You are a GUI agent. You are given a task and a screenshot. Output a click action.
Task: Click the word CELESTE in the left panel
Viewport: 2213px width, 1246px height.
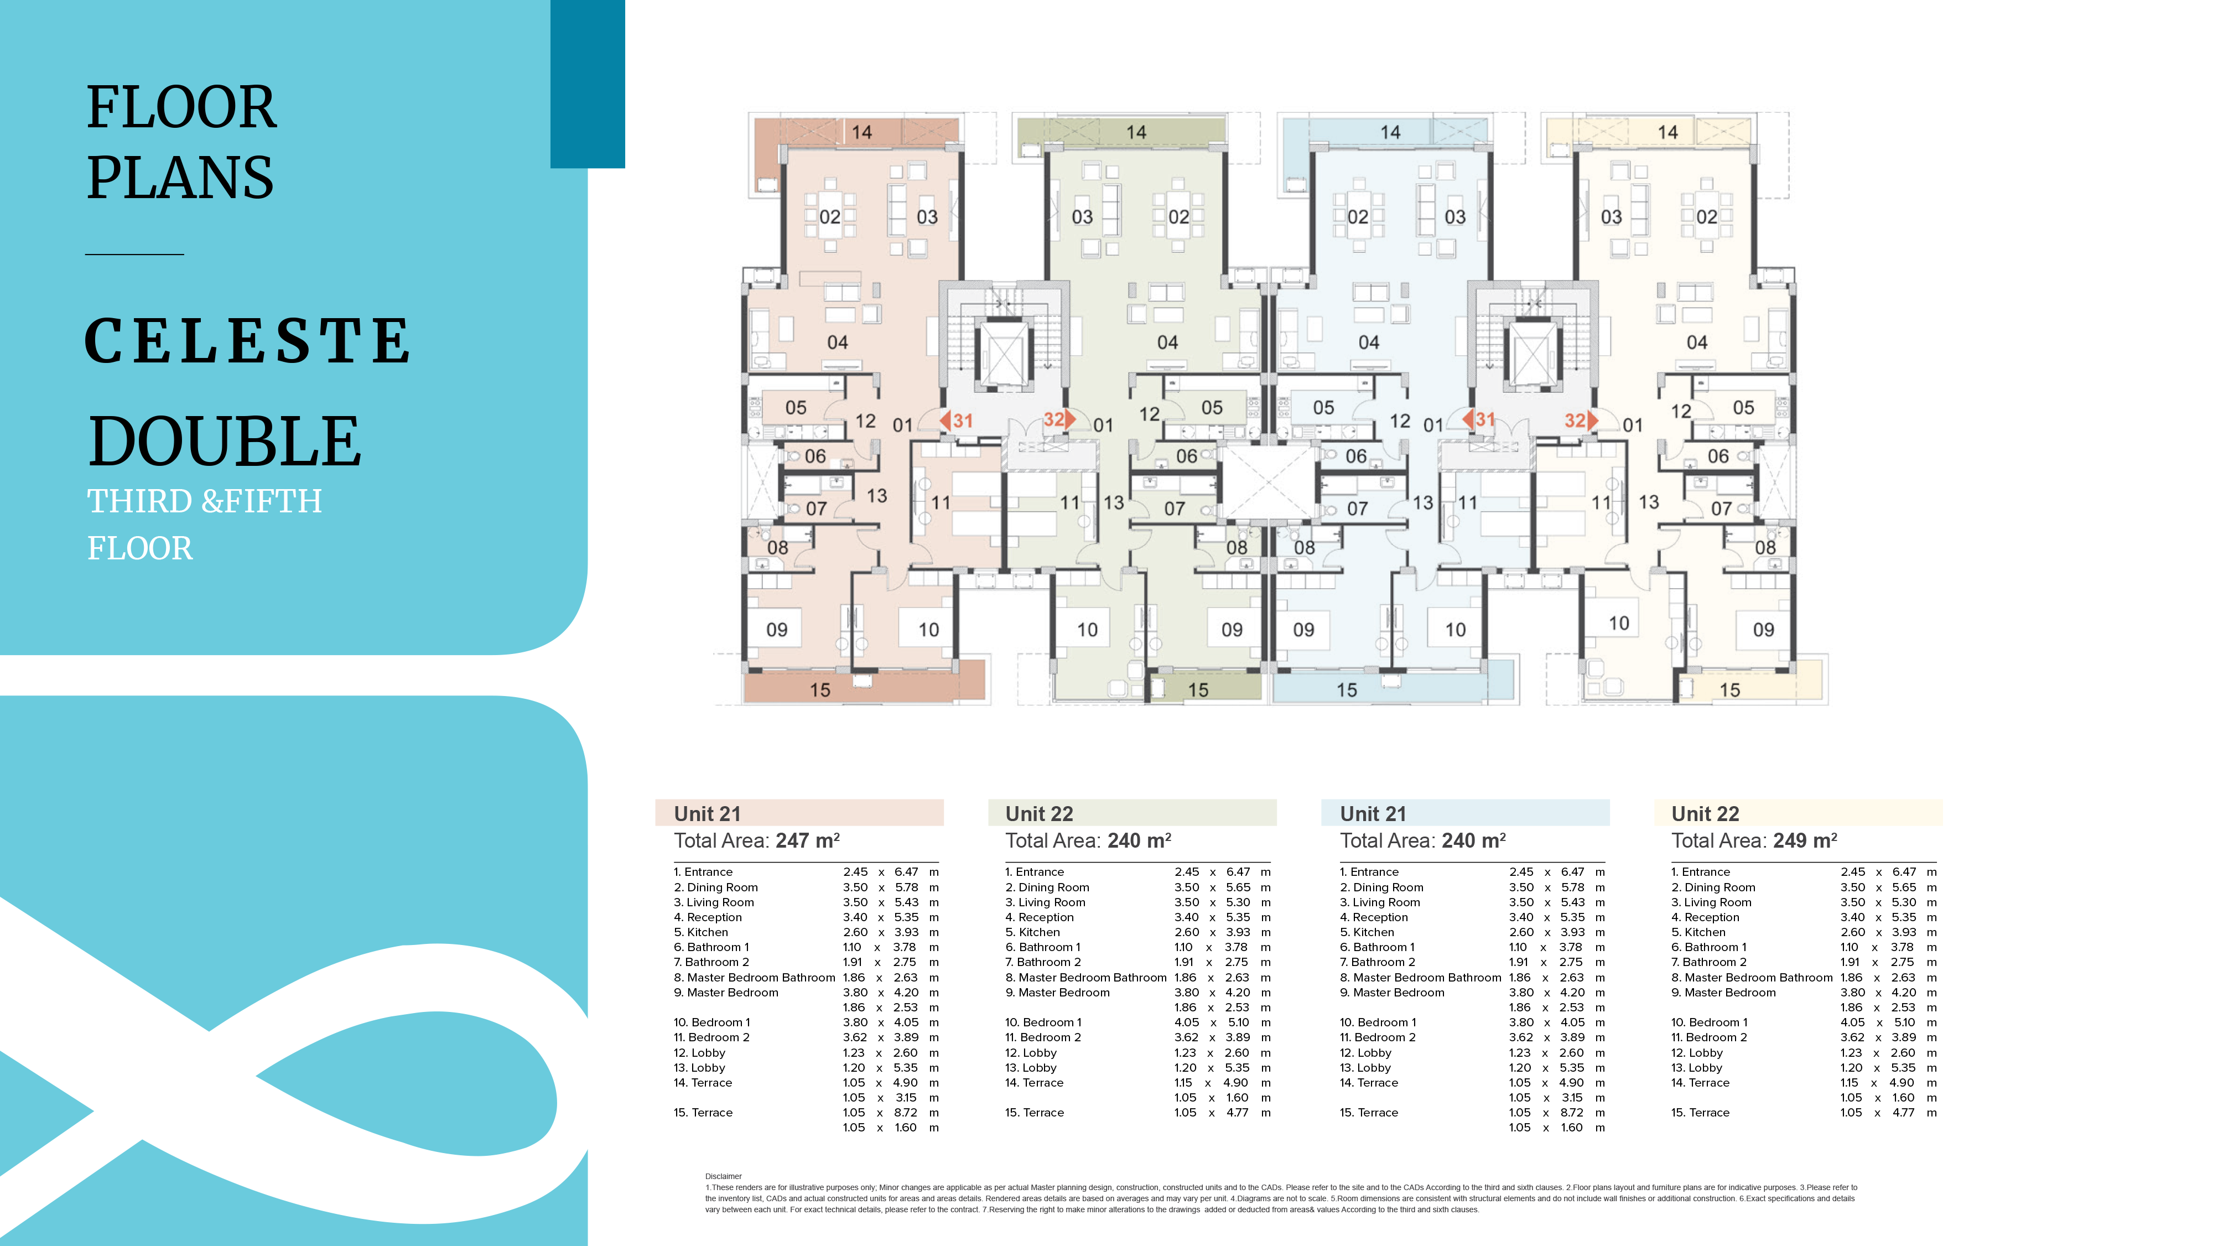247,340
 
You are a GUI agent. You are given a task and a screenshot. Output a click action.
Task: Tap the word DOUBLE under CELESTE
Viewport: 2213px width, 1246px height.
225,441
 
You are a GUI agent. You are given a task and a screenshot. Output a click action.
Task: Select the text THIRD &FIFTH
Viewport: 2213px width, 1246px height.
205,500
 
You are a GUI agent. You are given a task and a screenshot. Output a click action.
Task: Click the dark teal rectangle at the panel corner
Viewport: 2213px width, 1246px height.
588,84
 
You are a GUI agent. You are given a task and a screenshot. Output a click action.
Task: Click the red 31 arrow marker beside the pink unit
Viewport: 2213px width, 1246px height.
956,420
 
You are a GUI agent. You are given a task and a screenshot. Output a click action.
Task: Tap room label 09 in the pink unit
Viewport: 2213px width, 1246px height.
777,630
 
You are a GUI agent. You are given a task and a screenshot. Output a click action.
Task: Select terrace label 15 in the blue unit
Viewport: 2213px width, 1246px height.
1346,690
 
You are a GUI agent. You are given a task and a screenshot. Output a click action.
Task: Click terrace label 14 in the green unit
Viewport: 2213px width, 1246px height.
1136,132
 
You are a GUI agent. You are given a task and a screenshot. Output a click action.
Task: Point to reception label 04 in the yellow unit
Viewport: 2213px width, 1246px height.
1697,342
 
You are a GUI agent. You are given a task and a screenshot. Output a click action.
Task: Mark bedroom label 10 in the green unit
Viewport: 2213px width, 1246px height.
1087,630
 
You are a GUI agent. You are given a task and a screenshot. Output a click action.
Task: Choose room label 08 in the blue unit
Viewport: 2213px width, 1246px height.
1304,547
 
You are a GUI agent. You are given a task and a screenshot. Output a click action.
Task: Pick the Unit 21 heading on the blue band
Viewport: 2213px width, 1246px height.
1373,814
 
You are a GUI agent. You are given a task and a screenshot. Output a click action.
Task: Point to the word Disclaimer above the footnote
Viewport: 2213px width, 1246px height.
723,1176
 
